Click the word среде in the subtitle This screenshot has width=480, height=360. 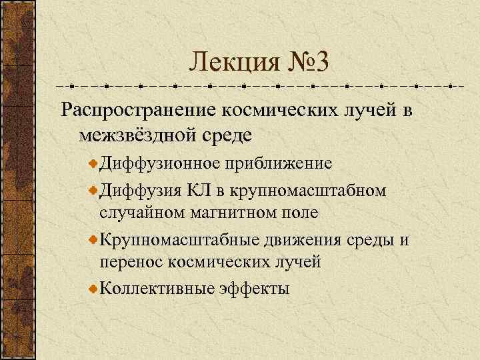[x=227, y=135]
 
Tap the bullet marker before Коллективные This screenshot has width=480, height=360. [x=93, y=287]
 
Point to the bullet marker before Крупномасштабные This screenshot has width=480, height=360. [x=93, y=238]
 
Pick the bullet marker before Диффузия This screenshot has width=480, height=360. [x=93, y=189]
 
